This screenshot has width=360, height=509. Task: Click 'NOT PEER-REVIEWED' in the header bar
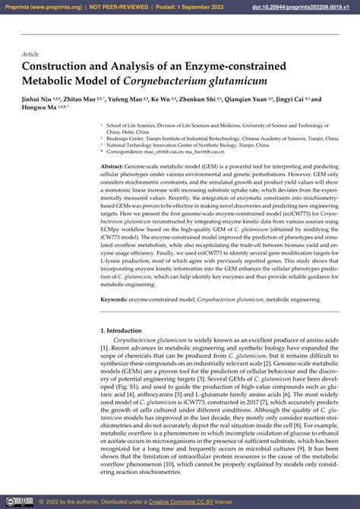coord(118,7)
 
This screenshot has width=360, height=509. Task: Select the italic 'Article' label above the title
coord(30,55)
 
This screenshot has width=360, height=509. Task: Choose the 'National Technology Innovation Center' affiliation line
coord(159,146)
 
